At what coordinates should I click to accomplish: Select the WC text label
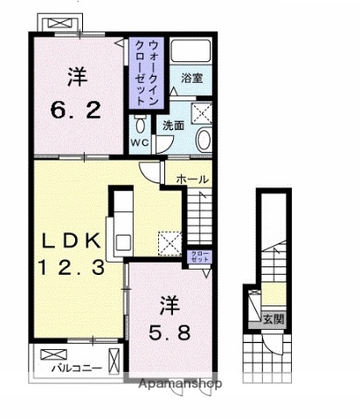[141, 143]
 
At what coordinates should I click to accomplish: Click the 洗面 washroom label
[172, 125]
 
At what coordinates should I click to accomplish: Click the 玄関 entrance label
[273, 320]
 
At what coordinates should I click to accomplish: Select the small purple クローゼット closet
[200, 257]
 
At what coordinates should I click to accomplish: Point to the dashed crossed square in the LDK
[169, 243]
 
